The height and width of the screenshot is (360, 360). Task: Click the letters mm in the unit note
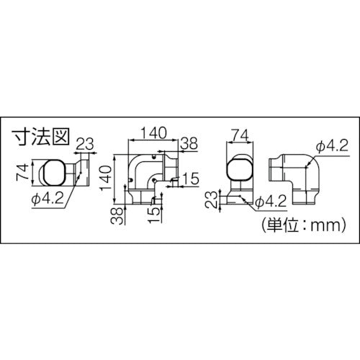tap(325, 224)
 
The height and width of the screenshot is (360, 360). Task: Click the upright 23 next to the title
tap(84, 142)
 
